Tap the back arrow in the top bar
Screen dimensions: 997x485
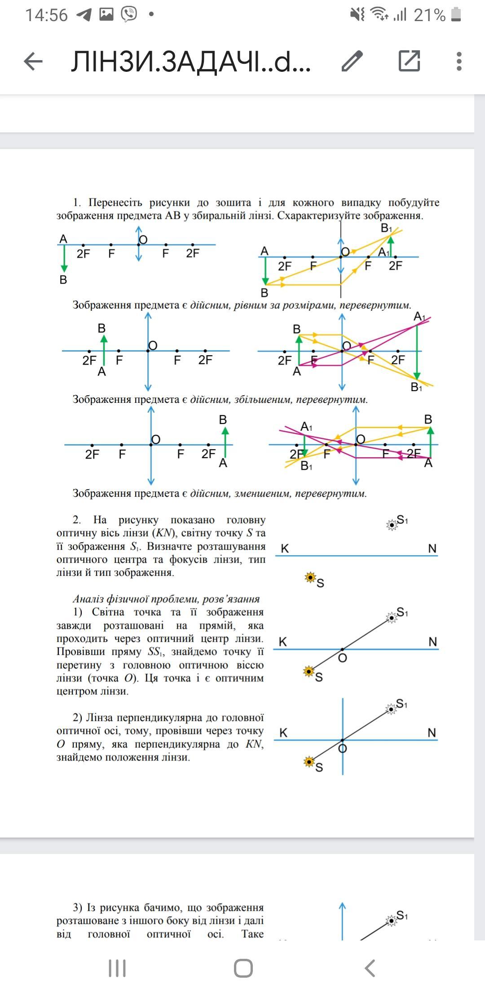pyautogui.click(x=33, y=61)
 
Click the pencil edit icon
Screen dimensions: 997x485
pyautogui.click(x=352, y=61)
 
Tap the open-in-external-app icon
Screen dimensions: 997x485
pyautogui.click(x=409, y=61)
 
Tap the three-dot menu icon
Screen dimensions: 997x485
pyautogui.click(x=459, y=61)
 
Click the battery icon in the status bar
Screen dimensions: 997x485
pyautogui.click(x=456, y=15)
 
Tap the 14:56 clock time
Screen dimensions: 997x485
pyautogui.click(x=46, y=15)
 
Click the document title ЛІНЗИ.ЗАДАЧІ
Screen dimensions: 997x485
pyautogui.click(x=191, y=62)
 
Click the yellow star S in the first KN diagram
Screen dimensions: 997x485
pyautogui.click(x=310, y=578)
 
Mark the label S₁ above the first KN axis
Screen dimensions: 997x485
pyautogui.click(x=402, y=520)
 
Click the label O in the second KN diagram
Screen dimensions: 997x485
pyautogui.click(x=342, y=658)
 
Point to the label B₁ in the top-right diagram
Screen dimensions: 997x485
pyautogui.click(x=386, y=229)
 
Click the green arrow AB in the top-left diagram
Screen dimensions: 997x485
pyautogui.click(x=64, y=258)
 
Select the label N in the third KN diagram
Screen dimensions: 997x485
pyautogui.click(x=432, y=733)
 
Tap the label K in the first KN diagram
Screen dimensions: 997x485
pyautogui.click(x=285, y=548)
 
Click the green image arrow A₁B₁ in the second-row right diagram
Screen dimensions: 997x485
pyautogui.click(x=417, y=350)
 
